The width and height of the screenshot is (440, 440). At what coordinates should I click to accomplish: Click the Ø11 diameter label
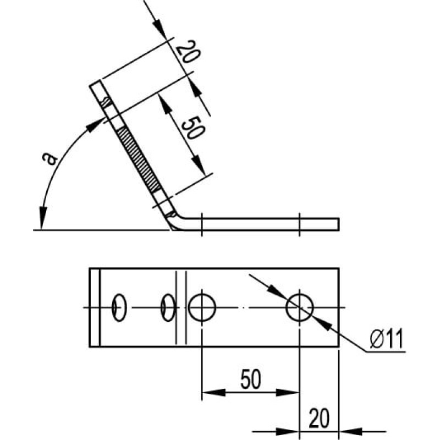tap(387, 338)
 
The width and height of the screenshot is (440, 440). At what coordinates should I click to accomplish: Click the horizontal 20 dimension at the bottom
tap(320, 418)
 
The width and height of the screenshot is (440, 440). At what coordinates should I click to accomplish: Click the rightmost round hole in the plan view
tap(299, 307)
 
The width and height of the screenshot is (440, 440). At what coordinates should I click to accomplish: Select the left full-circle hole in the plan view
tap(202, 307)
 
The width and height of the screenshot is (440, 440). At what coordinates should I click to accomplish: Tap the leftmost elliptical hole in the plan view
tap(119, 308)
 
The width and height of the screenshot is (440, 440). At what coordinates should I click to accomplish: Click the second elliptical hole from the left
tap(168, 308)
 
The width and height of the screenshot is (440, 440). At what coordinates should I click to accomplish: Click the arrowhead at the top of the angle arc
tap(94, 125)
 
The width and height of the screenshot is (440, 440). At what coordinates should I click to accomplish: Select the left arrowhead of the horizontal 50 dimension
tap(214, 393)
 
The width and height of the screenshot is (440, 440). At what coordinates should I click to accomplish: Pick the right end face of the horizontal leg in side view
tap(339, 224)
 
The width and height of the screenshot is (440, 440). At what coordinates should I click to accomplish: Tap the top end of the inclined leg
tap(95, 83)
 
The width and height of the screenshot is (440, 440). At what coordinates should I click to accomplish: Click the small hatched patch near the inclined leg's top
tap(107, 102)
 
